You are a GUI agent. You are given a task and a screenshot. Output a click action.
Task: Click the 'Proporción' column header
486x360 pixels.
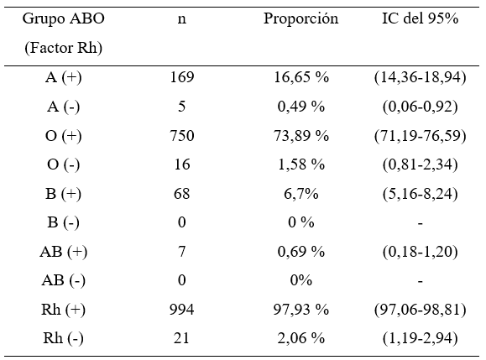point(300,19)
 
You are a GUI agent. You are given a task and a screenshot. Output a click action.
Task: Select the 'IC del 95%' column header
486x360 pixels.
point(420,18)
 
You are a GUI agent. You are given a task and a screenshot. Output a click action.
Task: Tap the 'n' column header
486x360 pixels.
point(182,19)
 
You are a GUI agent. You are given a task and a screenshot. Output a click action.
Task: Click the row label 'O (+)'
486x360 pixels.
point(63,136)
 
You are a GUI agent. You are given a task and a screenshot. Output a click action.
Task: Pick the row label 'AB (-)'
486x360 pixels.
point(63,280)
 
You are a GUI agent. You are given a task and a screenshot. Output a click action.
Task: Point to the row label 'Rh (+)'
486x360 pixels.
point(63,310)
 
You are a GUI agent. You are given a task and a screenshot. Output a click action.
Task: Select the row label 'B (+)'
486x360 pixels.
point(63,194)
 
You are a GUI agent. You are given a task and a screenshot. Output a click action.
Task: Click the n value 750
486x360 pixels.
point(182,136)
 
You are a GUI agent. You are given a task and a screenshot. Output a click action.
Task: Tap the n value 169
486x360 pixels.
point(182,77)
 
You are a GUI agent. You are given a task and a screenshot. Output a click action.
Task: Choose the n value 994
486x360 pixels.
point(182,310)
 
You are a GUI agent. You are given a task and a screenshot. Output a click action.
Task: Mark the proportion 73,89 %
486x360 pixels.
point(301,136)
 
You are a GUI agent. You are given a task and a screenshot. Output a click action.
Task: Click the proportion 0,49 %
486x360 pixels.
point(301,107)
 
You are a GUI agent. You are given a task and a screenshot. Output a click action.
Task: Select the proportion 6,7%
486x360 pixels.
point(301,194)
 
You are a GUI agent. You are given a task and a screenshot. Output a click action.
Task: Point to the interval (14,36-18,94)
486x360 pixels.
point(420,77)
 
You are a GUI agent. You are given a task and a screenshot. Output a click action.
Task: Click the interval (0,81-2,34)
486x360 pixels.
point(420,164)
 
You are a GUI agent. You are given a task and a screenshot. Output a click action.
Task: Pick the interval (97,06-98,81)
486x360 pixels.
point(420,310)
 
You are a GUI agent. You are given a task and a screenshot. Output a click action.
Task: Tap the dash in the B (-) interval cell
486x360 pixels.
point(420,223)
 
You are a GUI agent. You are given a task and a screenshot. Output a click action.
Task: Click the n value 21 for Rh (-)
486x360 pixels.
point(182,338)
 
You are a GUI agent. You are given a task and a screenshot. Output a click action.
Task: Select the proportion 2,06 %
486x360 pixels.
point(301,338)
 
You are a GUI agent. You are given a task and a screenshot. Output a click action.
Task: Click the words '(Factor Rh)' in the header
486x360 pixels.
point(63,48)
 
